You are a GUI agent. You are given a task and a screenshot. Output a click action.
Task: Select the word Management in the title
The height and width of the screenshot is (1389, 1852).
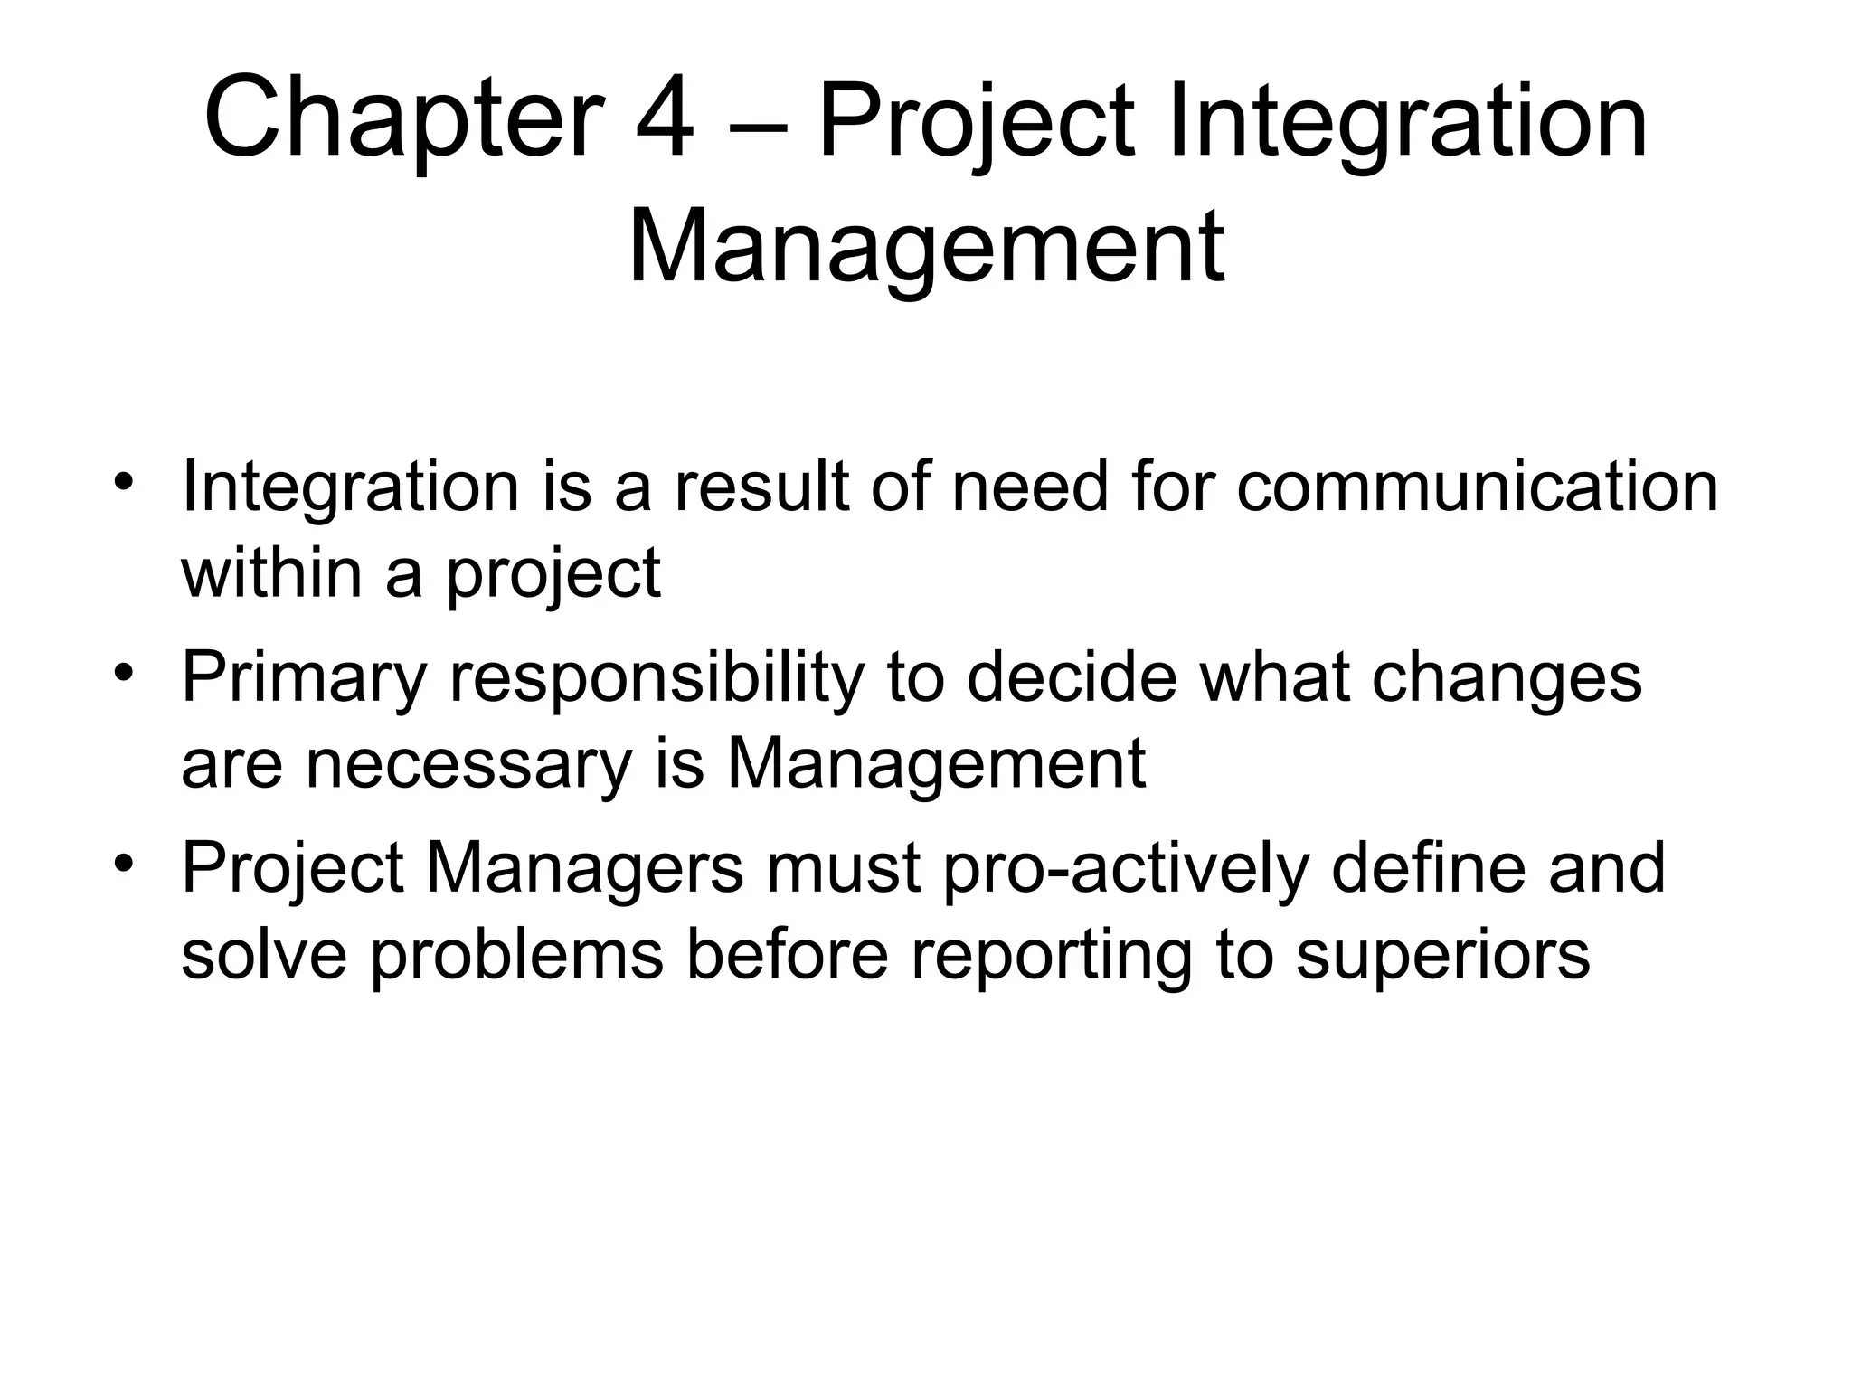point(925,247)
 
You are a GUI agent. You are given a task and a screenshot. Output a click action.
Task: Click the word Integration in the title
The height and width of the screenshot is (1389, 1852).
point(1407,122)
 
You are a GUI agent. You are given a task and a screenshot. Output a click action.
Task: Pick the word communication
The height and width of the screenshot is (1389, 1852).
point(1477,488)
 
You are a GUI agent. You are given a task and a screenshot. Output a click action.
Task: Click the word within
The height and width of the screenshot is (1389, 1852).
point(270,573)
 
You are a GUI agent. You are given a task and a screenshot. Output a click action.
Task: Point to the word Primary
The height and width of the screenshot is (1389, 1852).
point(303,679)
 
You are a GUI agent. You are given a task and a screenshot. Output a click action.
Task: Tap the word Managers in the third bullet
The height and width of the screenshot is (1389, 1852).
point(584,867)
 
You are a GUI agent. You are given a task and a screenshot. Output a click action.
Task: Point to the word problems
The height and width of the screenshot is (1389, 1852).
point(516,956)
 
